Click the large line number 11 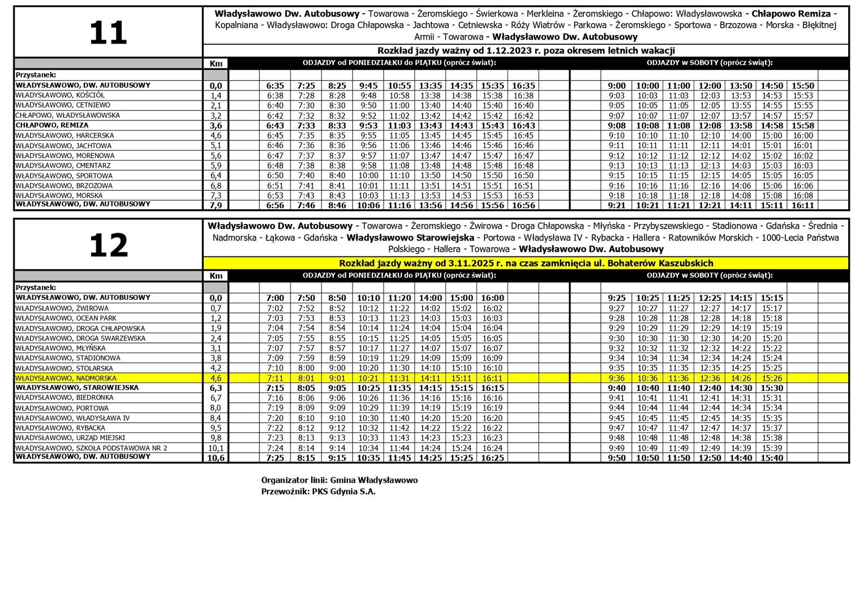click(108, 33)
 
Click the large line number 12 click(108, 246)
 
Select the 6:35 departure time click(275, 86)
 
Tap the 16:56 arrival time click(523, 205)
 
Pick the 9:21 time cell click(617, 205)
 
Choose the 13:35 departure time click(430, 86)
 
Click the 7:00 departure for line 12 click(275, 298)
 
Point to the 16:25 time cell click(492, 458)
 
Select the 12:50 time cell click(710, 458)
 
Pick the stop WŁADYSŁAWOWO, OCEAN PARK click(66, 319)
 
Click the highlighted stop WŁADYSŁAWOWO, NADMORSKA click(66, 378)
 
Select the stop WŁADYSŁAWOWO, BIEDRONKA click(65, 398)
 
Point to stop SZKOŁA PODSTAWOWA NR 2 click(91, 448)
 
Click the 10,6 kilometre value click(216, 458)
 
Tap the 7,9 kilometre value click(216, 205)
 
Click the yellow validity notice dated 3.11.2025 click(526, 263)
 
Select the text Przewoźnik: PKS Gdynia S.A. click(318, 492)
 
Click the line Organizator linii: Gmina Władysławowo click(339, 480)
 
